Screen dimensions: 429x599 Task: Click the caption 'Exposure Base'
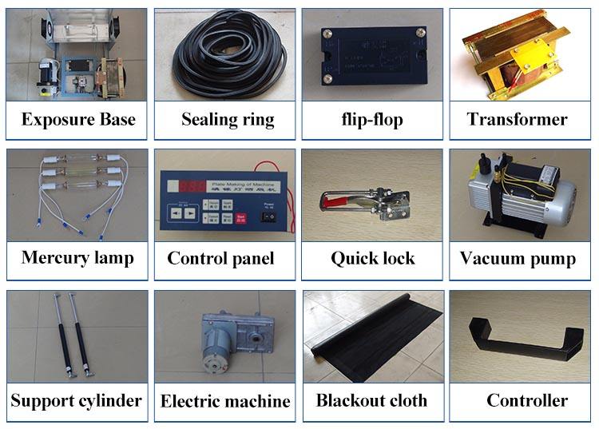coord(78,120)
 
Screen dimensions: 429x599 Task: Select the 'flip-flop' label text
coord(371,121)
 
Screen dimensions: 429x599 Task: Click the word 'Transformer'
coord(518,120)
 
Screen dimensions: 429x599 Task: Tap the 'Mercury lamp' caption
coord(77,257)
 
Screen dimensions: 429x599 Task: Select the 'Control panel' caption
coord(220,258)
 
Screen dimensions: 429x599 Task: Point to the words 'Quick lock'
coord(373,258)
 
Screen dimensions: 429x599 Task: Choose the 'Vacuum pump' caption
coord(518,258)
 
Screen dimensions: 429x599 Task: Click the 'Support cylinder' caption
coord(77,400)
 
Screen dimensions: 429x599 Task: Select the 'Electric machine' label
coord(225,401)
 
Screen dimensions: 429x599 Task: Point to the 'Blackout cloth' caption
coord(371,400)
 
